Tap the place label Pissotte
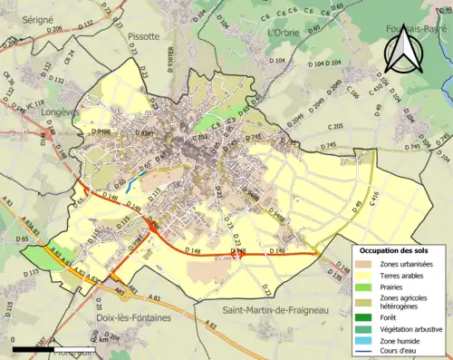pos(139,36)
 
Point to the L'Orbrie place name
pos(284,32)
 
